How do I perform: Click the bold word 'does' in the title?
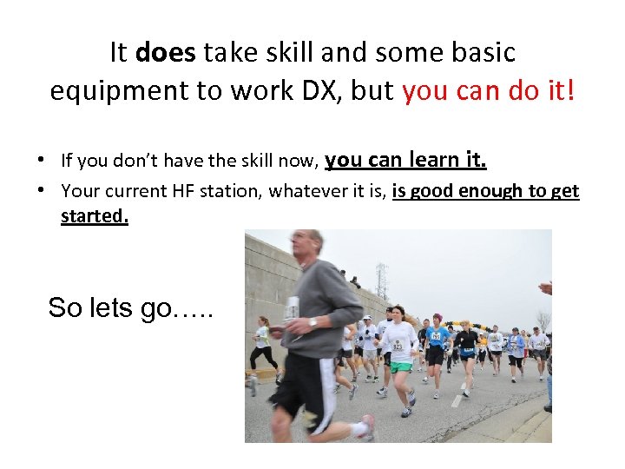pyautogui.click(x=166, y=53)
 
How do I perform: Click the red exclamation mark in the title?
pyautogui.click(x=570, y=90)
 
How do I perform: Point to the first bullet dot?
pyautogui.click(x=42, y=160)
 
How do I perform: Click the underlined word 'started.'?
pyautogui.click(x=95, y=215)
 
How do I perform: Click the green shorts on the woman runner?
pyautogui.click(x=399, y=367)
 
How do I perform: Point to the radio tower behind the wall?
pyautogui.click(x=382, y=280)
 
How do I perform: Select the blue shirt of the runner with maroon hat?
pyautogui.click(x=437, y=336)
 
